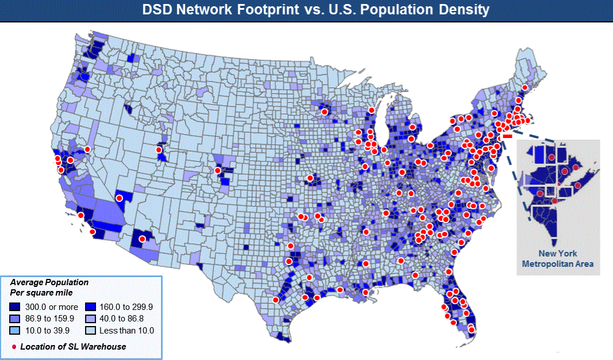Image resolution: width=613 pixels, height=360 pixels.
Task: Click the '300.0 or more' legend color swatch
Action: (17, 307)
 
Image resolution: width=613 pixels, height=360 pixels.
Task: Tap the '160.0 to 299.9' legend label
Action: (129, 307)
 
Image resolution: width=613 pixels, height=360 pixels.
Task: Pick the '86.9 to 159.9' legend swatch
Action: (17, 319)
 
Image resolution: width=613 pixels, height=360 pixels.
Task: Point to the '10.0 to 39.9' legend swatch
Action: (17, 331)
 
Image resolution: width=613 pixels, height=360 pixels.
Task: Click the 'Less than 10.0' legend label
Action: (128, 331)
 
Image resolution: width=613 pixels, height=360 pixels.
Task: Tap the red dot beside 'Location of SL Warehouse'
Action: (14, 347)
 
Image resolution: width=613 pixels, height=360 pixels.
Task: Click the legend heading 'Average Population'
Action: (49, 282)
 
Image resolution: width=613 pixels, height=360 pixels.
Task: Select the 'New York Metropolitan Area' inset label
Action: (558, 259)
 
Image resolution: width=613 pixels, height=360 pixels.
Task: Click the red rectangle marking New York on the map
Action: (508, 137)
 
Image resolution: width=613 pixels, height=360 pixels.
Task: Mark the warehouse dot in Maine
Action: (524, 87)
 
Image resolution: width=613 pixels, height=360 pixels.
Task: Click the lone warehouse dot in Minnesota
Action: (324, 112)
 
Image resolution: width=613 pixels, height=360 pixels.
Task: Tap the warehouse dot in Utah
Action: (159, 150)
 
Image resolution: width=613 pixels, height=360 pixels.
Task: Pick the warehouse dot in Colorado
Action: (217, 170)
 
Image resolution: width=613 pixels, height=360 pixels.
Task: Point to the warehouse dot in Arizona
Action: (142, 239)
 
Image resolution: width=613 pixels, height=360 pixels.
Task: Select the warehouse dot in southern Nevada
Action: (120, 198)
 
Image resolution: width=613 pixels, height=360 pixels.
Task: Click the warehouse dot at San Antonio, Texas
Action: (275, 300)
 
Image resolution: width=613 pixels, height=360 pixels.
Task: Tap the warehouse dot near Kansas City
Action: (310, 178)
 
